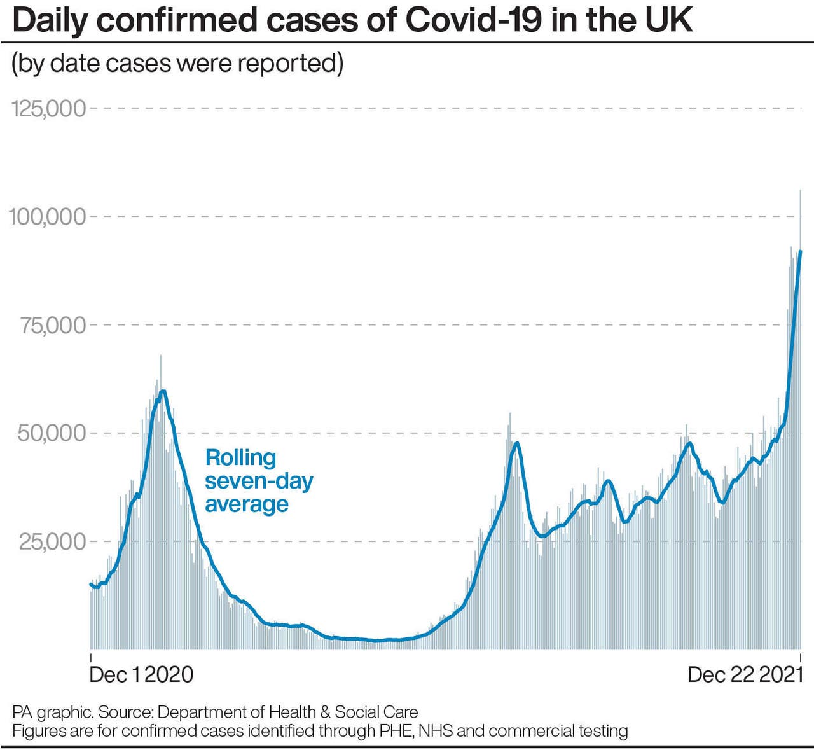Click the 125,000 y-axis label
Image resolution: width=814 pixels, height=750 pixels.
[48, 108]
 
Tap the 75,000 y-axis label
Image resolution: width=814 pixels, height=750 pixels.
[53, 325]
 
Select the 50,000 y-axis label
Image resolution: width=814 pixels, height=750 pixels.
[52, 433]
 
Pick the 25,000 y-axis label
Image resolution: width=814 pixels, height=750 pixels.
[52, 542]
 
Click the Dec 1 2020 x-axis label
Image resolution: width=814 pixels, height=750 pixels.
[141, 674]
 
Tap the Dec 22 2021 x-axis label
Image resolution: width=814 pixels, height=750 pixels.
[745, 674]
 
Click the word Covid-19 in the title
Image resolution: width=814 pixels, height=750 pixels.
[474, 20]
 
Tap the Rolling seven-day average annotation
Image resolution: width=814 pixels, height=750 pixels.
[258, 481]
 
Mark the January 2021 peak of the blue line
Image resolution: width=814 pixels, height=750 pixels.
[163, 391]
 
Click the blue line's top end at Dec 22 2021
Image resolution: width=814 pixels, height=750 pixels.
[800, 252]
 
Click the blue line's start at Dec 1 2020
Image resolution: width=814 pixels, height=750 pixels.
[91, 583]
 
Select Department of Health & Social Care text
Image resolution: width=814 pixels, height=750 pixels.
[287, 712]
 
